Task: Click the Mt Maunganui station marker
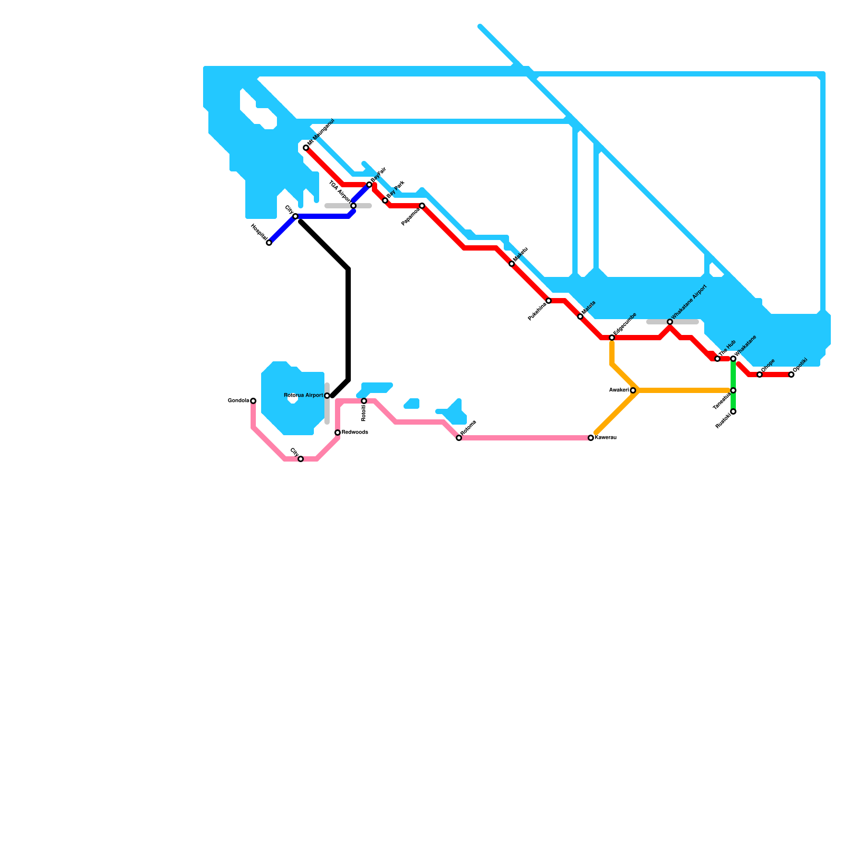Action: [x=306, y=148]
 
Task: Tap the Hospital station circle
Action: [x=269, y=243]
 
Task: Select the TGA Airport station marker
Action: [x=353, y=206]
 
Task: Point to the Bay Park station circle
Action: [x=385, y=200]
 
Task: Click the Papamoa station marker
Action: [x=422, y=206]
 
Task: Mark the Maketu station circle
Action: [x=512, y=264]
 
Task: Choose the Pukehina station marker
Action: [x=549, y=301]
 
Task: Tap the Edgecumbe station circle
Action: [x=612, y=338]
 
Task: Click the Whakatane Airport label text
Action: [x=688, y=303]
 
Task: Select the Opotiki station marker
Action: [x=791, y=375]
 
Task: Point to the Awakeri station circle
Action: [x=633, y=390]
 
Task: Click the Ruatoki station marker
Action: [x=733, y=411]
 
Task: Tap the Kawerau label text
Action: [x=606, y=438]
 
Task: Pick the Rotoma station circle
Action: [x=459, y=438]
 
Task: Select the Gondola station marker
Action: [x=253, y=401]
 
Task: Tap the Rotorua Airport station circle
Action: [x=327, y=396]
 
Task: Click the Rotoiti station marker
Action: [x=364, y=401]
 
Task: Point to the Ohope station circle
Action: [x=760, y=375]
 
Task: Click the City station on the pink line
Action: [x=301, y=459]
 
